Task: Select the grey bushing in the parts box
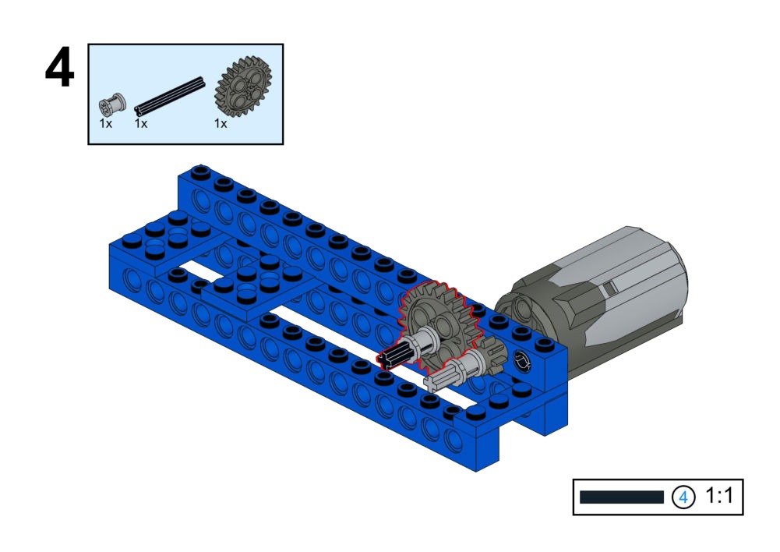(x=112, y=105)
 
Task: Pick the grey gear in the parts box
(x=243, y=87)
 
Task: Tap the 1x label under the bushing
(x=105, y=123)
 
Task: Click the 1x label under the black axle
(x=141, y=123)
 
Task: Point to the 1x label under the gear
(x=221, y=123)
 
